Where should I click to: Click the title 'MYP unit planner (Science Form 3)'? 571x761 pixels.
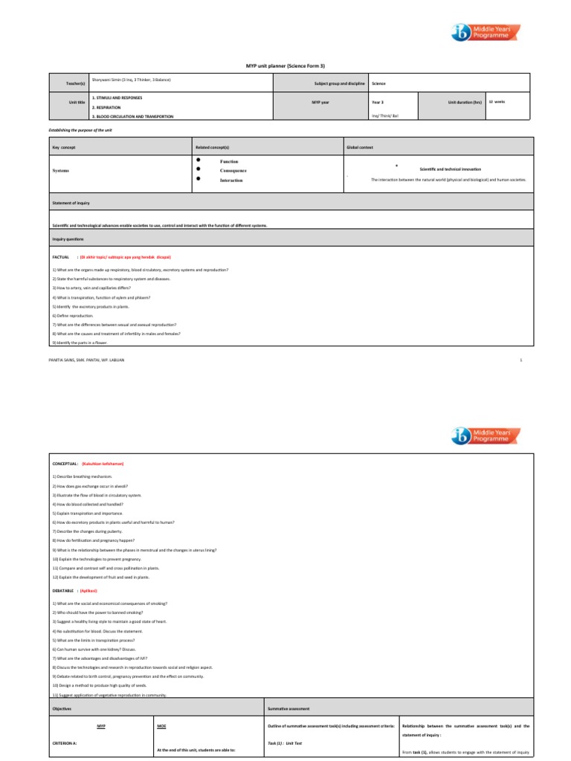[285, 65]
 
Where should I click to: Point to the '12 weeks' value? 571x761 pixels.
[497, 101]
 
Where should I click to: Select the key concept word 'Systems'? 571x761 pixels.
[61, 170]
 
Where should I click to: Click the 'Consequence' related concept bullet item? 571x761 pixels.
[233, 170]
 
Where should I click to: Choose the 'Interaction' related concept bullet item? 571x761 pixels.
[230, 181]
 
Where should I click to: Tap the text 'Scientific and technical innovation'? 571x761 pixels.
[450, 169]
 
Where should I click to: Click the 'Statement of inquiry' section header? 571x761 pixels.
[71, 202]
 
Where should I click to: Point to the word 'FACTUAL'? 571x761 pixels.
[60, 255]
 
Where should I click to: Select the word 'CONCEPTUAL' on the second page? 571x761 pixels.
[65, 463]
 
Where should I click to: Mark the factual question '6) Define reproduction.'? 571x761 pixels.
[73, 315]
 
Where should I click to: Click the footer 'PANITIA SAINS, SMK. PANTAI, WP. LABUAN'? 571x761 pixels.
[87, 360]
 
